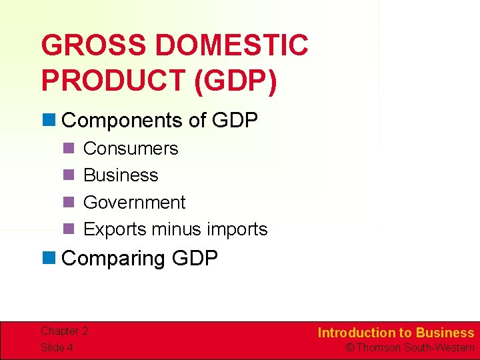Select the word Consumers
pyautogui.click(x=131, y=148)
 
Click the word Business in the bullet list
pyautogui.click(x=121, y=175)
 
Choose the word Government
pyautogui.click(x=134, y=202)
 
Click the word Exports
pyautogui.click(x=115, y=229)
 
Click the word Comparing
pyautogui.click(x=113, y=258)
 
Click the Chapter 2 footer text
pyautogui.click(x=64, y=331)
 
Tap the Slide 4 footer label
pyautogui.click(x=56, y=347)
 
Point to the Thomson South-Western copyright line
pyautogui.click(x=409, y=347)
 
